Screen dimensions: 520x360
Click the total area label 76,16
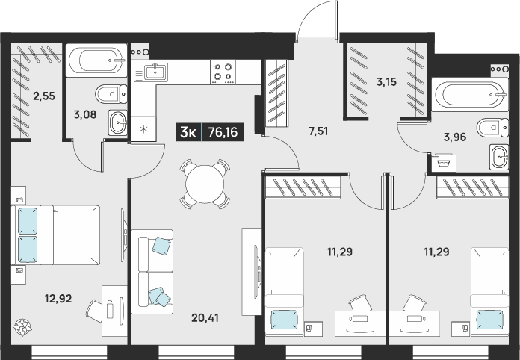tap(223, 132)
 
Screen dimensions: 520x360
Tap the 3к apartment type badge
tap(188, 133)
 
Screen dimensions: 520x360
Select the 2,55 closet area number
tap(44, 96)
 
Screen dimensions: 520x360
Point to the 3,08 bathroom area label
tap(85, 115)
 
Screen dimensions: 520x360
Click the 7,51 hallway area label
tap(318, 131)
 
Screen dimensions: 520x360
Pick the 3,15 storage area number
tap(386, 81)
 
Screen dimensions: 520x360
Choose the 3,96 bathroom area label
tap(455, 137)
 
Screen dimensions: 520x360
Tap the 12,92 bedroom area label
tap(58, 299)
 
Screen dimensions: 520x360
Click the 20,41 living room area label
tap(205, 318)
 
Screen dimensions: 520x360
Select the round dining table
tap(205, 184)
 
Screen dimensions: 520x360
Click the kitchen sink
tap(151, 72)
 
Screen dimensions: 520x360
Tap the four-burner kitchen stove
tap(223, 72)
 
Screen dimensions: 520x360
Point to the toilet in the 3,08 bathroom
tap(111, 94)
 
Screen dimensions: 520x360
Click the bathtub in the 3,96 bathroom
tap(470, 94)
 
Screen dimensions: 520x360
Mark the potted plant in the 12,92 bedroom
tap(22, 327)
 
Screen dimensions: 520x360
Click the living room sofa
tap(152, 271)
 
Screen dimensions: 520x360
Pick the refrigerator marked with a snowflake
tap(143, 129)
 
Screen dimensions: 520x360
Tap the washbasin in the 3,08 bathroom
tap(118, 122)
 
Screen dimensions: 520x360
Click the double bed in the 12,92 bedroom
tap(56, 235)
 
